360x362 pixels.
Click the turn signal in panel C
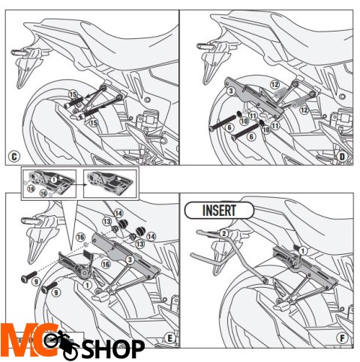[x=19, y=53]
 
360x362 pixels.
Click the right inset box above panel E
[x=106, y=183]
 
